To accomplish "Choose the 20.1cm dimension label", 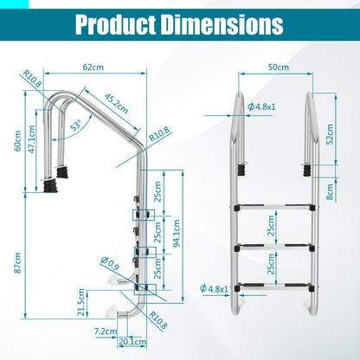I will (x=132, y=341).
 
